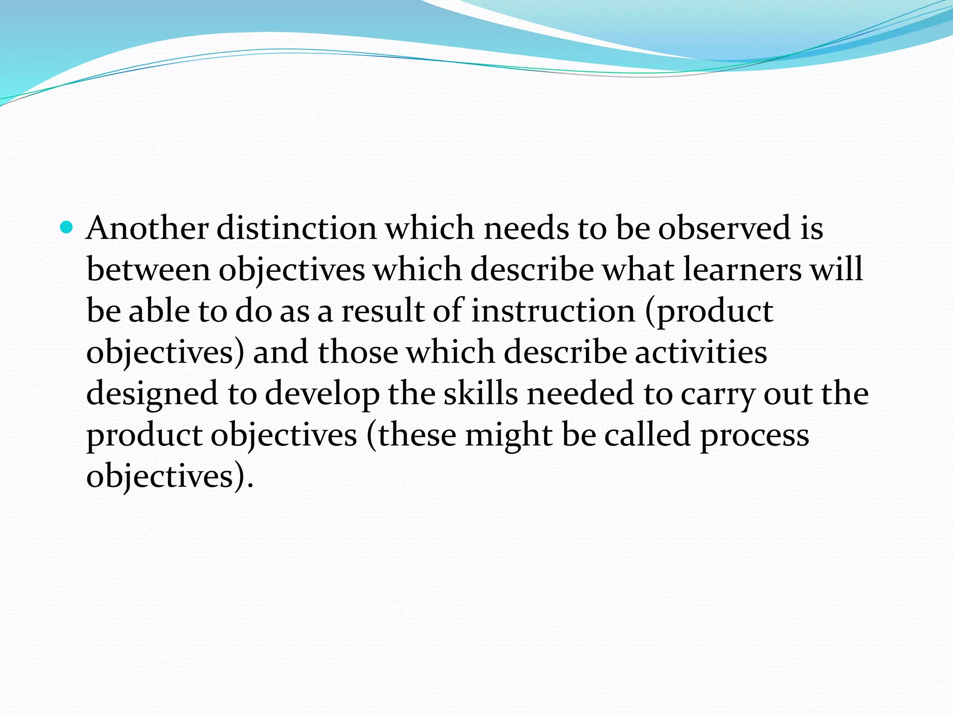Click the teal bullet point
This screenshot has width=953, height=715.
click(67, 228)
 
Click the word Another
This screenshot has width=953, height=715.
click(147, 228)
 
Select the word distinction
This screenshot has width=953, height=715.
click(296, 228)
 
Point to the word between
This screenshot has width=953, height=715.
click(148, 270)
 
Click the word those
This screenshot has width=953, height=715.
click(357, 352)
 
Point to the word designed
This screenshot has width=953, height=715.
click(152, 394)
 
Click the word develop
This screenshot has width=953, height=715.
click(322, 394)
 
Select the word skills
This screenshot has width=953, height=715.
click(480, 393)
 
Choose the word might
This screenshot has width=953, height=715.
click(509, 435)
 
